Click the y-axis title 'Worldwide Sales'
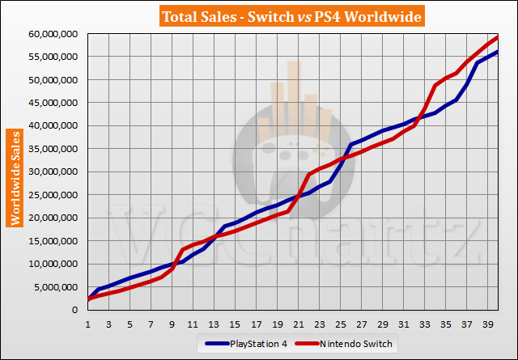pyautogui.click(x=15, y=177)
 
